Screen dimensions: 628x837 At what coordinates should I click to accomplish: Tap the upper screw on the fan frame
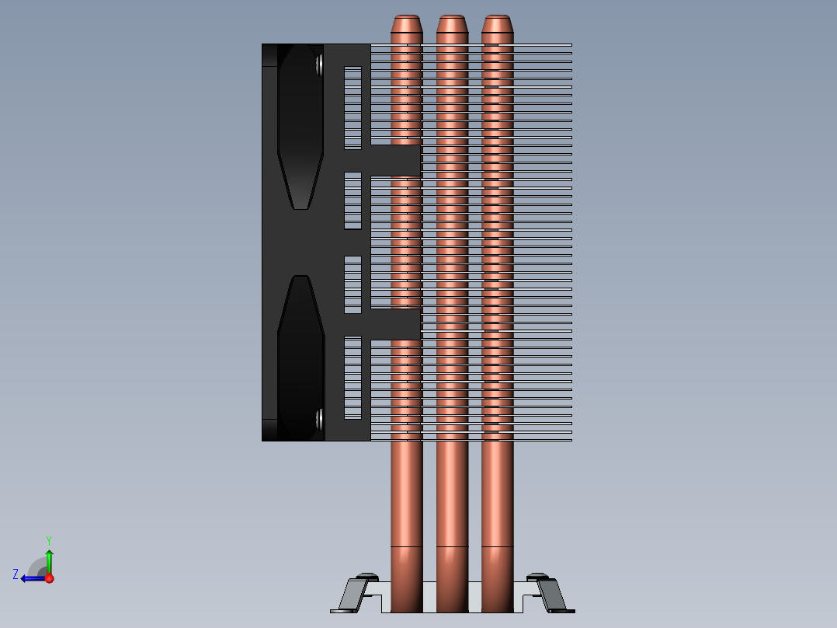tap(319, 65)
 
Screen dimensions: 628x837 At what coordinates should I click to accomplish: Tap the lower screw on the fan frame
tap(319, 420)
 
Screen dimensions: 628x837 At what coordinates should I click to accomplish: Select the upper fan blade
tap(300, 132)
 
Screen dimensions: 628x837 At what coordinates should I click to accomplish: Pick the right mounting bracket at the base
tap(550, 594)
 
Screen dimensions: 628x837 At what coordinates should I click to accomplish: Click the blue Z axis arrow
tap(32, 578)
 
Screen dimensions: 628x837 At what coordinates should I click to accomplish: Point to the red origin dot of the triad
tap(49, 578)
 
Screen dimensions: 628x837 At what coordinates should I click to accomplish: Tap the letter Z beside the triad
tap(16, 574)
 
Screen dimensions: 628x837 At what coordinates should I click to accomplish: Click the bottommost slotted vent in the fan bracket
tap(353, 377)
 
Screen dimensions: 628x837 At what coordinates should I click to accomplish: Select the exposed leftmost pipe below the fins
tap(406, 497)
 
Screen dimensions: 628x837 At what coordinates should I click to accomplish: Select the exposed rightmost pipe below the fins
tap(498, 497)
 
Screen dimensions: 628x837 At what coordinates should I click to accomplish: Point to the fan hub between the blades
tap(299, 241)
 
